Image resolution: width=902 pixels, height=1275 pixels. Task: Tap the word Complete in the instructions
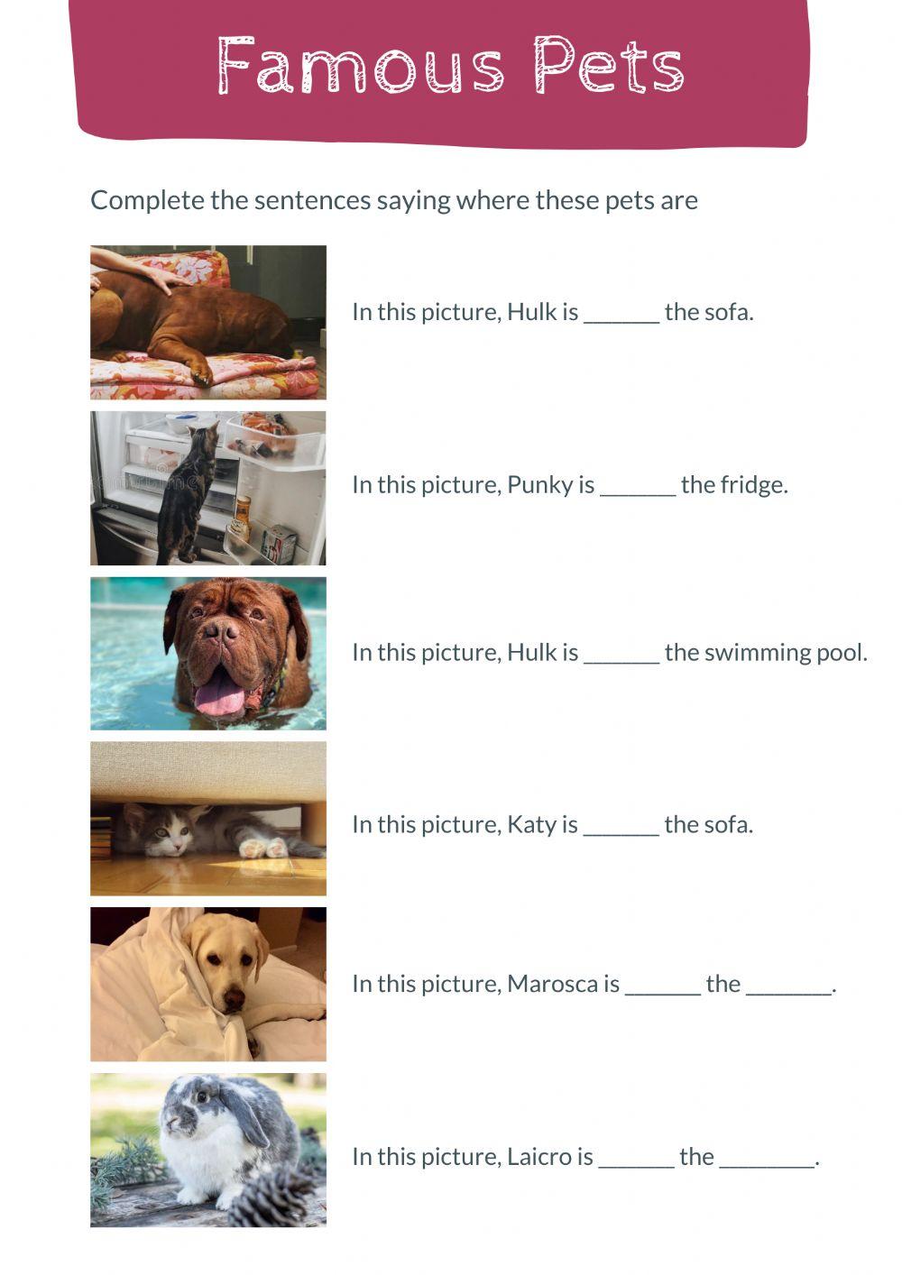click(x=147, y=200)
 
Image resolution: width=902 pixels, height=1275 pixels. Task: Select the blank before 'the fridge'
click(x=638, y=487)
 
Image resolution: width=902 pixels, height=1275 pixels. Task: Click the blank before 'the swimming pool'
click(x=621, y=655)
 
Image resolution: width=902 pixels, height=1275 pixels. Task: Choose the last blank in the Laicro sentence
click(x=767, y=1160)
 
